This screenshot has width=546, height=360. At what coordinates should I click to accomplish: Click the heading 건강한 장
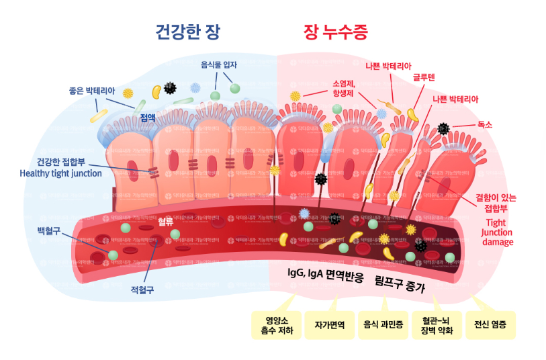[x=187, y=32]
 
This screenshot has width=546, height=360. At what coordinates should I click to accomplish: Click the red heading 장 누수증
[x=336, y=32]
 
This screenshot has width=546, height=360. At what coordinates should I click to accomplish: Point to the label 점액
[x=148, y=118]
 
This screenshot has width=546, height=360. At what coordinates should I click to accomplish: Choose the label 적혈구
[x=142, y=290]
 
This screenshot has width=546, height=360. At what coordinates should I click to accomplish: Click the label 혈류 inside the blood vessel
[x=165, y=222]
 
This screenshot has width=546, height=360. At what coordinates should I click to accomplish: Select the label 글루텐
[x=424, y=77]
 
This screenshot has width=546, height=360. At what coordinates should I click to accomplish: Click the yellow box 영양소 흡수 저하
[x=272, y=325]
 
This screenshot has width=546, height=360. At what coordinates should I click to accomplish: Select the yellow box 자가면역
[x=329, y=325]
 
